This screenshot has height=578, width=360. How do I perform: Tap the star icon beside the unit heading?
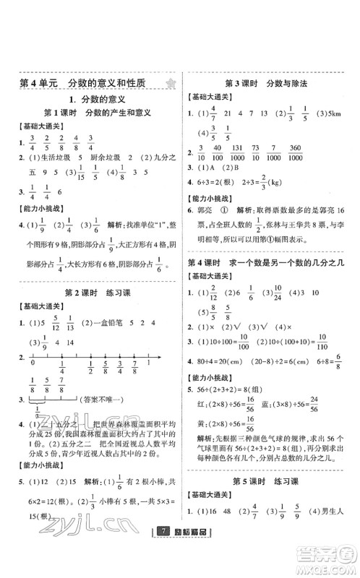click(169, 83)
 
